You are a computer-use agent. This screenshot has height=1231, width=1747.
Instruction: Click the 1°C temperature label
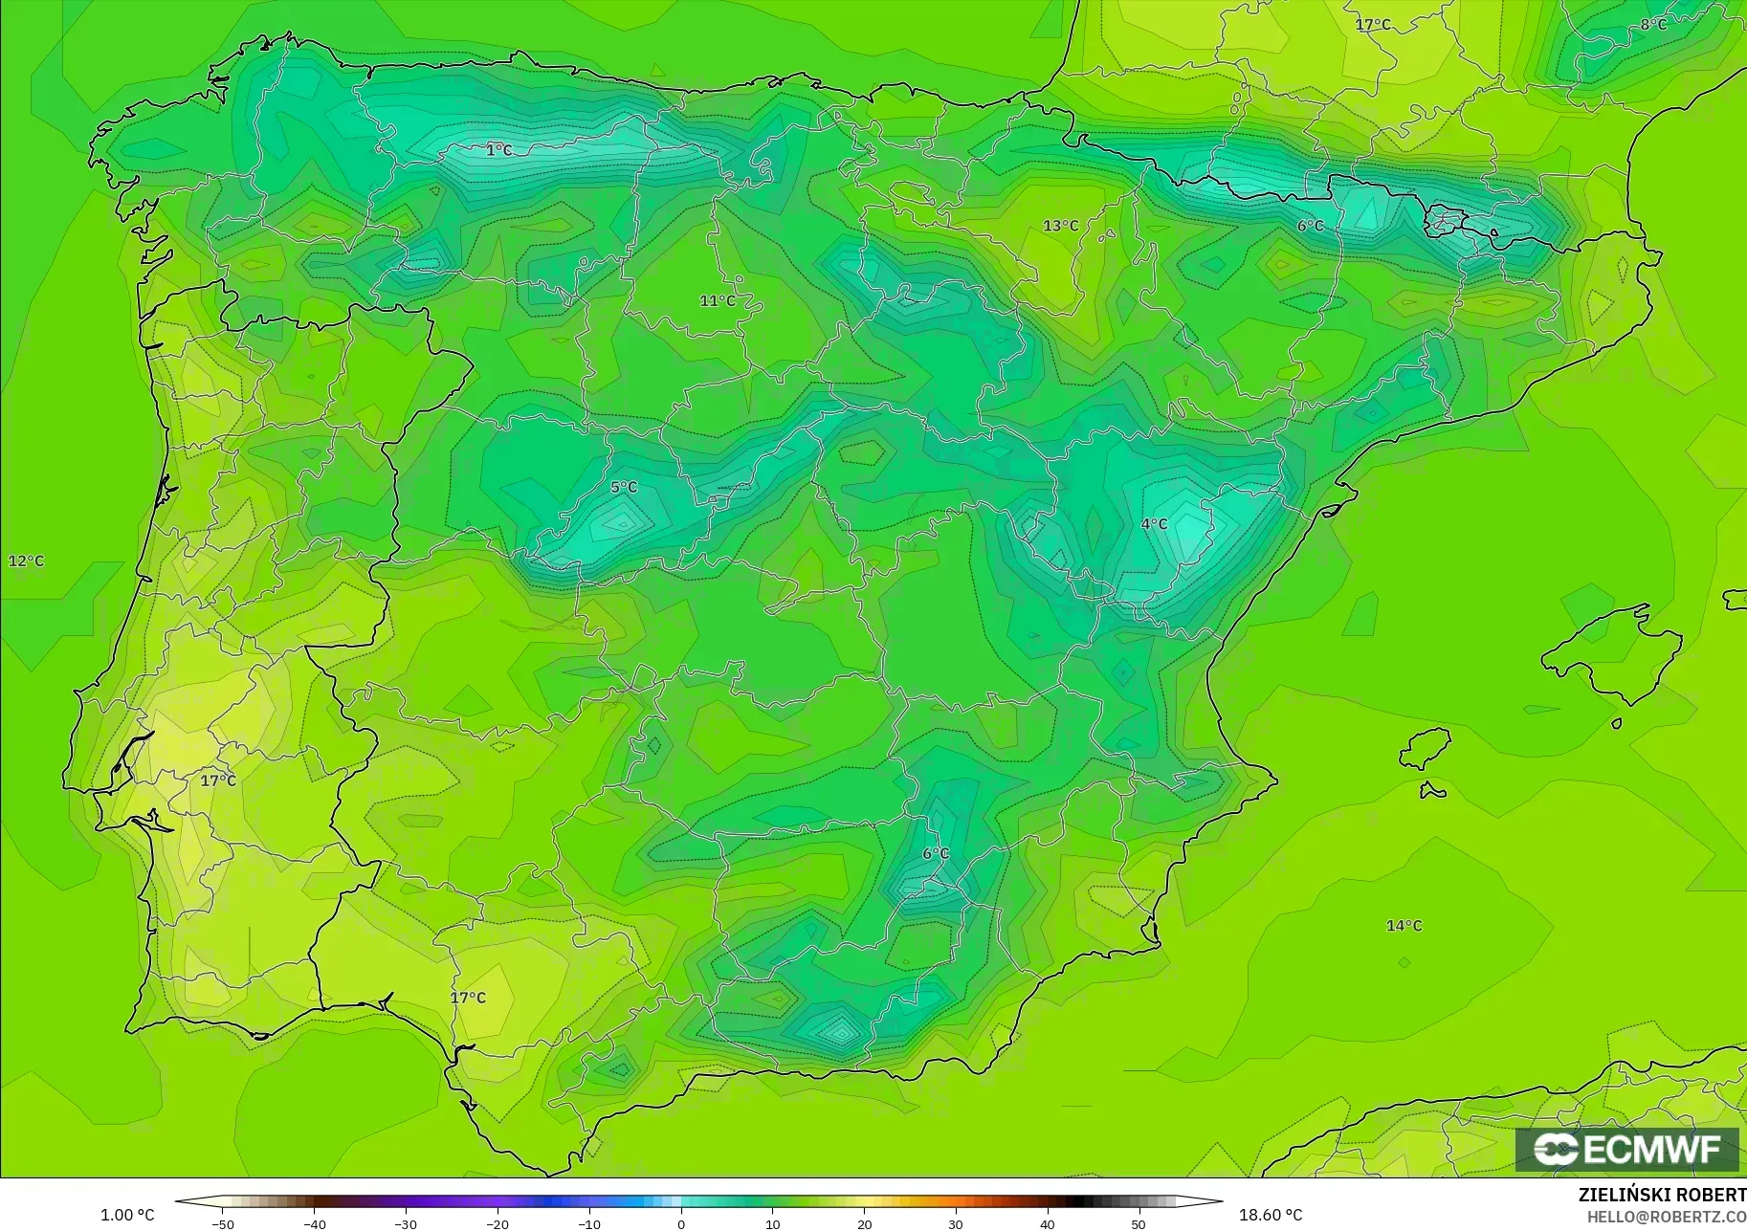pyautogui.click(x=498, y=150)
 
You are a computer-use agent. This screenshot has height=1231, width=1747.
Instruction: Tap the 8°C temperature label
pyautogui.click(x=1653, y=24)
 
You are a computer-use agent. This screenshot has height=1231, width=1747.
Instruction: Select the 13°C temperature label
pyautogui.click(x=1060, y=226)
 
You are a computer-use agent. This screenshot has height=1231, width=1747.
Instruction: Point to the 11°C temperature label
pyautogui.click(x=718, y=300)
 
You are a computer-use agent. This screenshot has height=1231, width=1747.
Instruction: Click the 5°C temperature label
pyautogui.click(x=624, y=487)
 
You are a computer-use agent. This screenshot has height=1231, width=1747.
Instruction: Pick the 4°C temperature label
pyautogui.click(x=1154, y=523)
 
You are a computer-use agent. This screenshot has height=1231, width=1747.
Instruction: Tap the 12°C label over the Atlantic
pyautogui.click(x=26, y=561)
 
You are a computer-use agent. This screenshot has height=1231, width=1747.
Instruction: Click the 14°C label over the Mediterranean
pyautogui.click(x=1404, y=925)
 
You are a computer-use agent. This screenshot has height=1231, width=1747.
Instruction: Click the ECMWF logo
pyautogui.click(x=1626, y=1149)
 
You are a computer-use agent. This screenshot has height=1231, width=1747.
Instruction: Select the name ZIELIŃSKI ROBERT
pyautogui.click(x=1662, y=1195)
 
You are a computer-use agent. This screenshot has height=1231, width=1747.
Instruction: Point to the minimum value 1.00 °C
pyautogui.click(x=127, y=1215)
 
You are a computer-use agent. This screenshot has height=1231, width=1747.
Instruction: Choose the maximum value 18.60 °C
pyautogui.click(x=1271, y=1215)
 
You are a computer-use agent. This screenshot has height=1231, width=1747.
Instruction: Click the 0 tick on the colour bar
pyautogui.click(x=681, y=1224)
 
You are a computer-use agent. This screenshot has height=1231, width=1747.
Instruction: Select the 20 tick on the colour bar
pyautogui.click(x=864, y=1224)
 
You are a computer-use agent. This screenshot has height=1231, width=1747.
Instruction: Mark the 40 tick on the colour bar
pyautogui.click(x=1048, y=1224)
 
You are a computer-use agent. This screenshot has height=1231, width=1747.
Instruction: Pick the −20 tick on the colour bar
pyautogui.click(x=498, y=1224)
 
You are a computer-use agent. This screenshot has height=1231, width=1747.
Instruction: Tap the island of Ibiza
pyautogui.click(x=1426, y=748)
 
